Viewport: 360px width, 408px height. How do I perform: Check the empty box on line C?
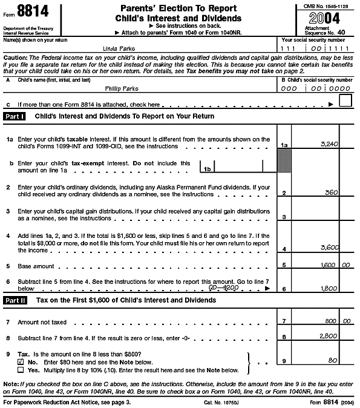click(345, 101)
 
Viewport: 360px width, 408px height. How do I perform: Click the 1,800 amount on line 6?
click(329, 288)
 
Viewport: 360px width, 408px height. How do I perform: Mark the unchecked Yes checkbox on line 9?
click(21, 369)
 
